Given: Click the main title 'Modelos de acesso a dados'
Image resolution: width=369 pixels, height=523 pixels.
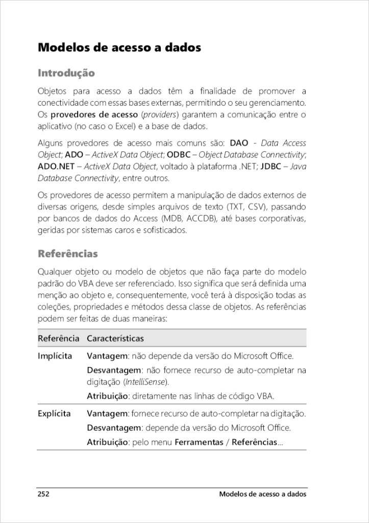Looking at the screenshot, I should [119, 48].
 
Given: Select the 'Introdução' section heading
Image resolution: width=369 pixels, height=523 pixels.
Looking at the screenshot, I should [66, 73].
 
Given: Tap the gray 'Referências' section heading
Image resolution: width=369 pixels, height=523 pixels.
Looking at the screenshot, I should [68, 254].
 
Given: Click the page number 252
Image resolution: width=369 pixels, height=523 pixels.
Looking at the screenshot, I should [43, 494].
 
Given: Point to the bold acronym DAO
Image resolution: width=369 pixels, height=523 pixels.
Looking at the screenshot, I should [239, 143].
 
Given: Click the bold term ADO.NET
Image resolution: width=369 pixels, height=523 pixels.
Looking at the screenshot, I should [56, 167].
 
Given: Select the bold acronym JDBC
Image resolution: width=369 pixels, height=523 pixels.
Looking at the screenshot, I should [270, 167].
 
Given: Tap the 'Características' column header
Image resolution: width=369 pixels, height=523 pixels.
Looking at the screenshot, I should [115, 339].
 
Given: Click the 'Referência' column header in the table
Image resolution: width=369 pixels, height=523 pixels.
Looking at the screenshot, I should [58, 339].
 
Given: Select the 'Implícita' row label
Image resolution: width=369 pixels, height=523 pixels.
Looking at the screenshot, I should [55, 356].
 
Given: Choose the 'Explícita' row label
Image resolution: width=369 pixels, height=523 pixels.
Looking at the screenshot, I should [54, 414].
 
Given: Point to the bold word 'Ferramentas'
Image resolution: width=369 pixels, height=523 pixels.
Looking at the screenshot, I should [199, 442].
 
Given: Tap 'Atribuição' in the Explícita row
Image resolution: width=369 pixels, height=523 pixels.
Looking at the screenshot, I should [107, 442].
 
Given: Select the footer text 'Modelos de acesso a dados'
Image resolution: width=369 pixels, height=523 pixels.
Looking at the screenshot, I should [262, 494].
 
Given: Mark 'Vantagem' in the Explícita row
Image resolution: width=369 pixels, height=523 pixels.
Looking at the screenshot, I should [106, 414].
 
